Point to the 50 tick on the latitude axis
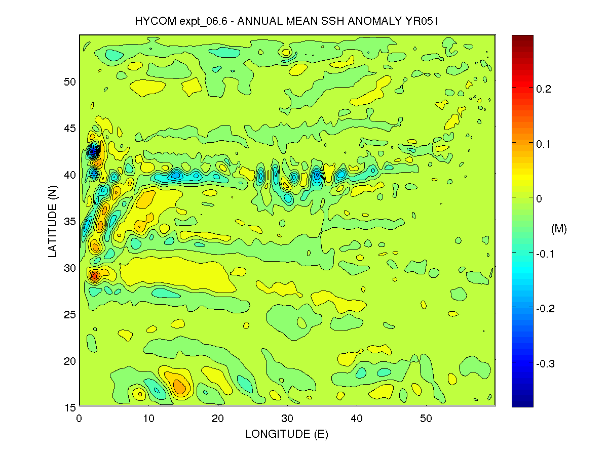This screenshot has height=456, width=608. point(69,81)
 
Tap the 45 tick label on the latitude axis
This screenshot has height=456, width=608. point(69,128)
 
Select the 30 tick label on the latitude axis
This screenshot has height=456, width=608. point(69,268)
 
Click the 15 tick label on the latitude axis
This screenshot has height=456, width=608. point(69,407)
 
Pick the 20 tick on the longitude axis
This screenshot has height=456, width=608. point(218,419)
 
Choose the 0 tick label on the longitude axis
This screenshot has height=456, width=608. point(80,419)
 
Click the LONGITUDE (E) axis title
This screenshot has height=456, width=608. point(287,434)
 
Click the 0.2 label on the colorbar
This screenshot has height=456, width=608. point(543,89)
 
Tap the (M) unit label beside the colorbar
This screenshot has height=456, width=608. point(558,229)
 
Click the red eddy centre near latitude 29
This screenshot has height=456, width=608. point(94,276)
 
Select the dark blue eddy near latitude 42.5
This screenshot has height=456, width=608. point(93,151)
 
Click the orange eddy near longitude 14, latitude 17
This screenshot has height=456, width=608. point(179,387)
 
